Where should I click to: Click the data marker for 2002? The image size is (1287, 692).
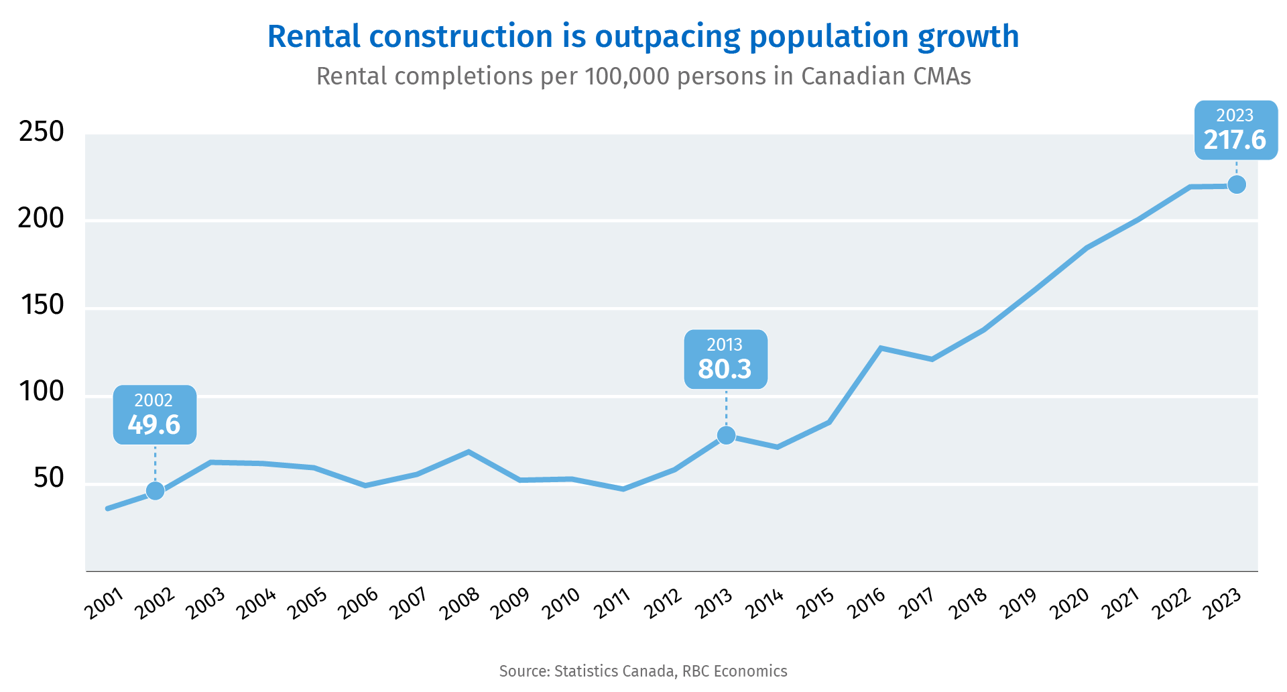[156, 491]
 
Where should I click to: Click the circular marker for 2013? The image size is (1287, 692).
[726, 436]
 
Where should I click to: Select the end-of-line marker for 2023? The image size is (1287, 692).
[1237, 184]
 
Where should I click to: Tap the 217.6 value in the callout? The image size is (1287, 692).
[1235, 140]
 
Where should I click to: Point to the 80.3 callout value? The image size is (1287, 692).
[725, 369]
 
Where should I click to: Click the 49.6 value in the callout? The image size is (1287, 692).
[154, 425]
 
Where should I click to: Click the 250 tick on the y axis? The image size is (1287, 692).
[42, 132]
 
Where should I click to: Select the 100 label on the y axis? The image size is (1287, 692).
[42, 392]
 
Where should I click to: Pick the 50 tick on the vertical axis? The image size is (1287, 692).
[49, 478]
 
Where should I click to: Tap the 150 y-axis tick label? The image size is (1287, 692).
[42, 305]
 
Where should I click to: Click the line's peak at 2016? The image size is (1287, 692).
[881, 348]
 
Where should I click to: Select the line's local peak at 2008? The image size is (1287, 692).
[469, 452]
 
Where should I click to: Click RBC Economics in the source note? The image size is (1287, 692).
[735, 671]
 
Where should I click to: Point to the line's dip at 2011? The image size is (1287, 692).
[623, 489]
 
